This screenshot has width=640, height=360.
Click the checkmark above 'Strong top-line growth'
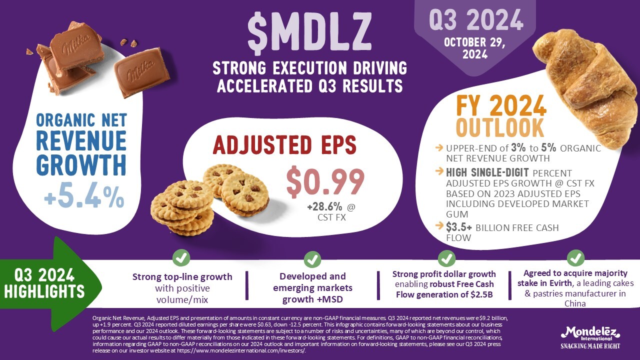[x=181, y=259]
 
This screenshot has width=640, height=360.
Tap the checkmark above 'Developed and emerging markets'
[x=312, y=259]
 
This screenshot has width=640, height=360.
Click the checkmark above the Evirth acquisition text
[x=575, y=259]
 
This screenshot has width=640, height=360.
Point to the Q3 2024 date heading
[x=476, y=21]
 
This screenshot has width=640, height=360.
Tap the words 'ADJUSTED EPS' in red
[x=284, y=145]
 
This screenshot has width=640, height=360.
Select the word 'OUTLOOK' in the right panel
[x=499, y=127]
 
